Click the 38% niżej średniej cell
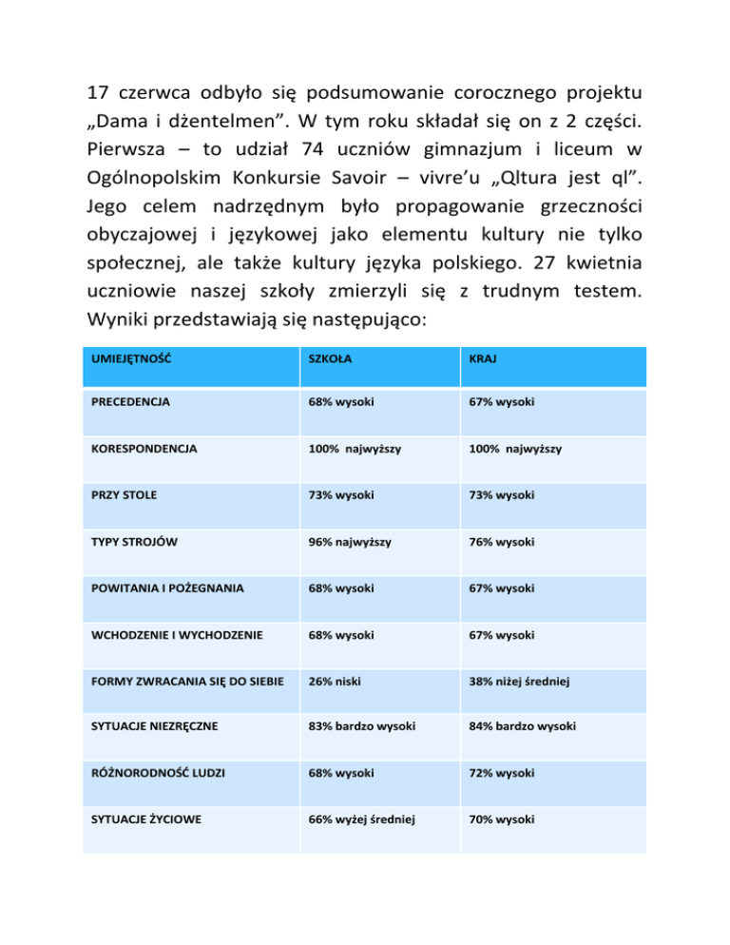point(543,681)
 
